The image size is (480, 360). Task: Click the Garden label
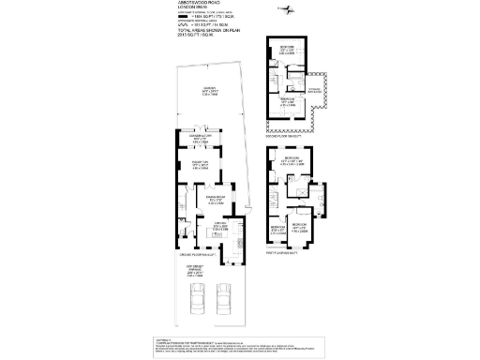pyautogui.click(x=210, y=92)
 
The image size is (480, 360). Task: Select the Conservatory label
pyautogui.click(x=200, y=138)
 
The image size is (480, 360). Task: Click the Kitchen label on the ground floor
pyautogui.click(x=222, y=226)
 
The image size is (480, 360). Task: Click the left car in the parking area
pyautogui.click(x=196, y=299)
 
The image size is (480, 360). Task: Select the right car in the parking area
pyautogui.click(x=223, y=299)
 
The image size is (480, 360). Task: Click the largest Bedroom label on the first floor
pyautogui.click(x=292, y=159)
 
